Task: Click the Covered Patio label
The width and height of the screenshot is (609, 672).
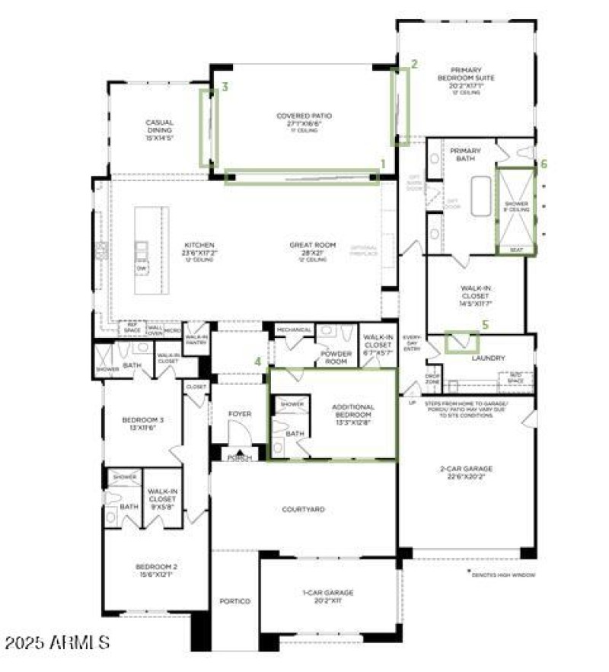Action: (x=304, y=116)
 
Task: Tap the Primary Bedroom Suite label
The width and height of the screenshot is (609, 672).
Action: (x=466, y=73)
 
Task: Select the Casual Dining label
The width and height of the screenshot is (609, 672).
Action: (x=160, y=126)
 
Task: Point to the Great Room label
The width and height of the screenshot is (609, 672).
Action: (x=312, y=245)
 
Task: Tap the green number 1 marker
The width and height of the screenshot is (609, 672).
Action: (x=383, y=163)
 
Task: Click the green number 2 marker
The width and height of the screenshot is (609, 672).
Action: (x=414, y=64)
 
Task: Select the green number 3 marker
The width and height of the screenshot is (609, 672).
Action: (x=225, y=88)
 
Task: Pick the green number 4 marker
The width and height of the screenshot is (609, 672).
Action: (x=258, y=361)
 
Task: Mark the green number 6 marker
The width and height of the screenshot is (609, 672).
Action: (x=543, y=163)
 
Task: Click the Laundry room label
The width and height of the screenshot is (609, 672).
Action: (x=489, y=357)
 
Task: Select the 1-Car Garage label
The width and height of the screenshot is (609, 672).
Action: (x=327, y=592)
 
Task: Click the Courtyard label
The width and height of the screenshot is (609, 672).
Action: (x=303, y=509)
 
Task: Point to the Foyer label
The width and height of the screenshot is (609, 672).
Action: (x=240, y=414)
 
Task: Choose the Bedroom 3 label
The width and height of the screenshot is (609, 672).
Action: (x=143, y=419)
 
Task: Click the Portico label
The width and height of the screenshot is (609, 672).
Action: (x=235, y=601)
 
